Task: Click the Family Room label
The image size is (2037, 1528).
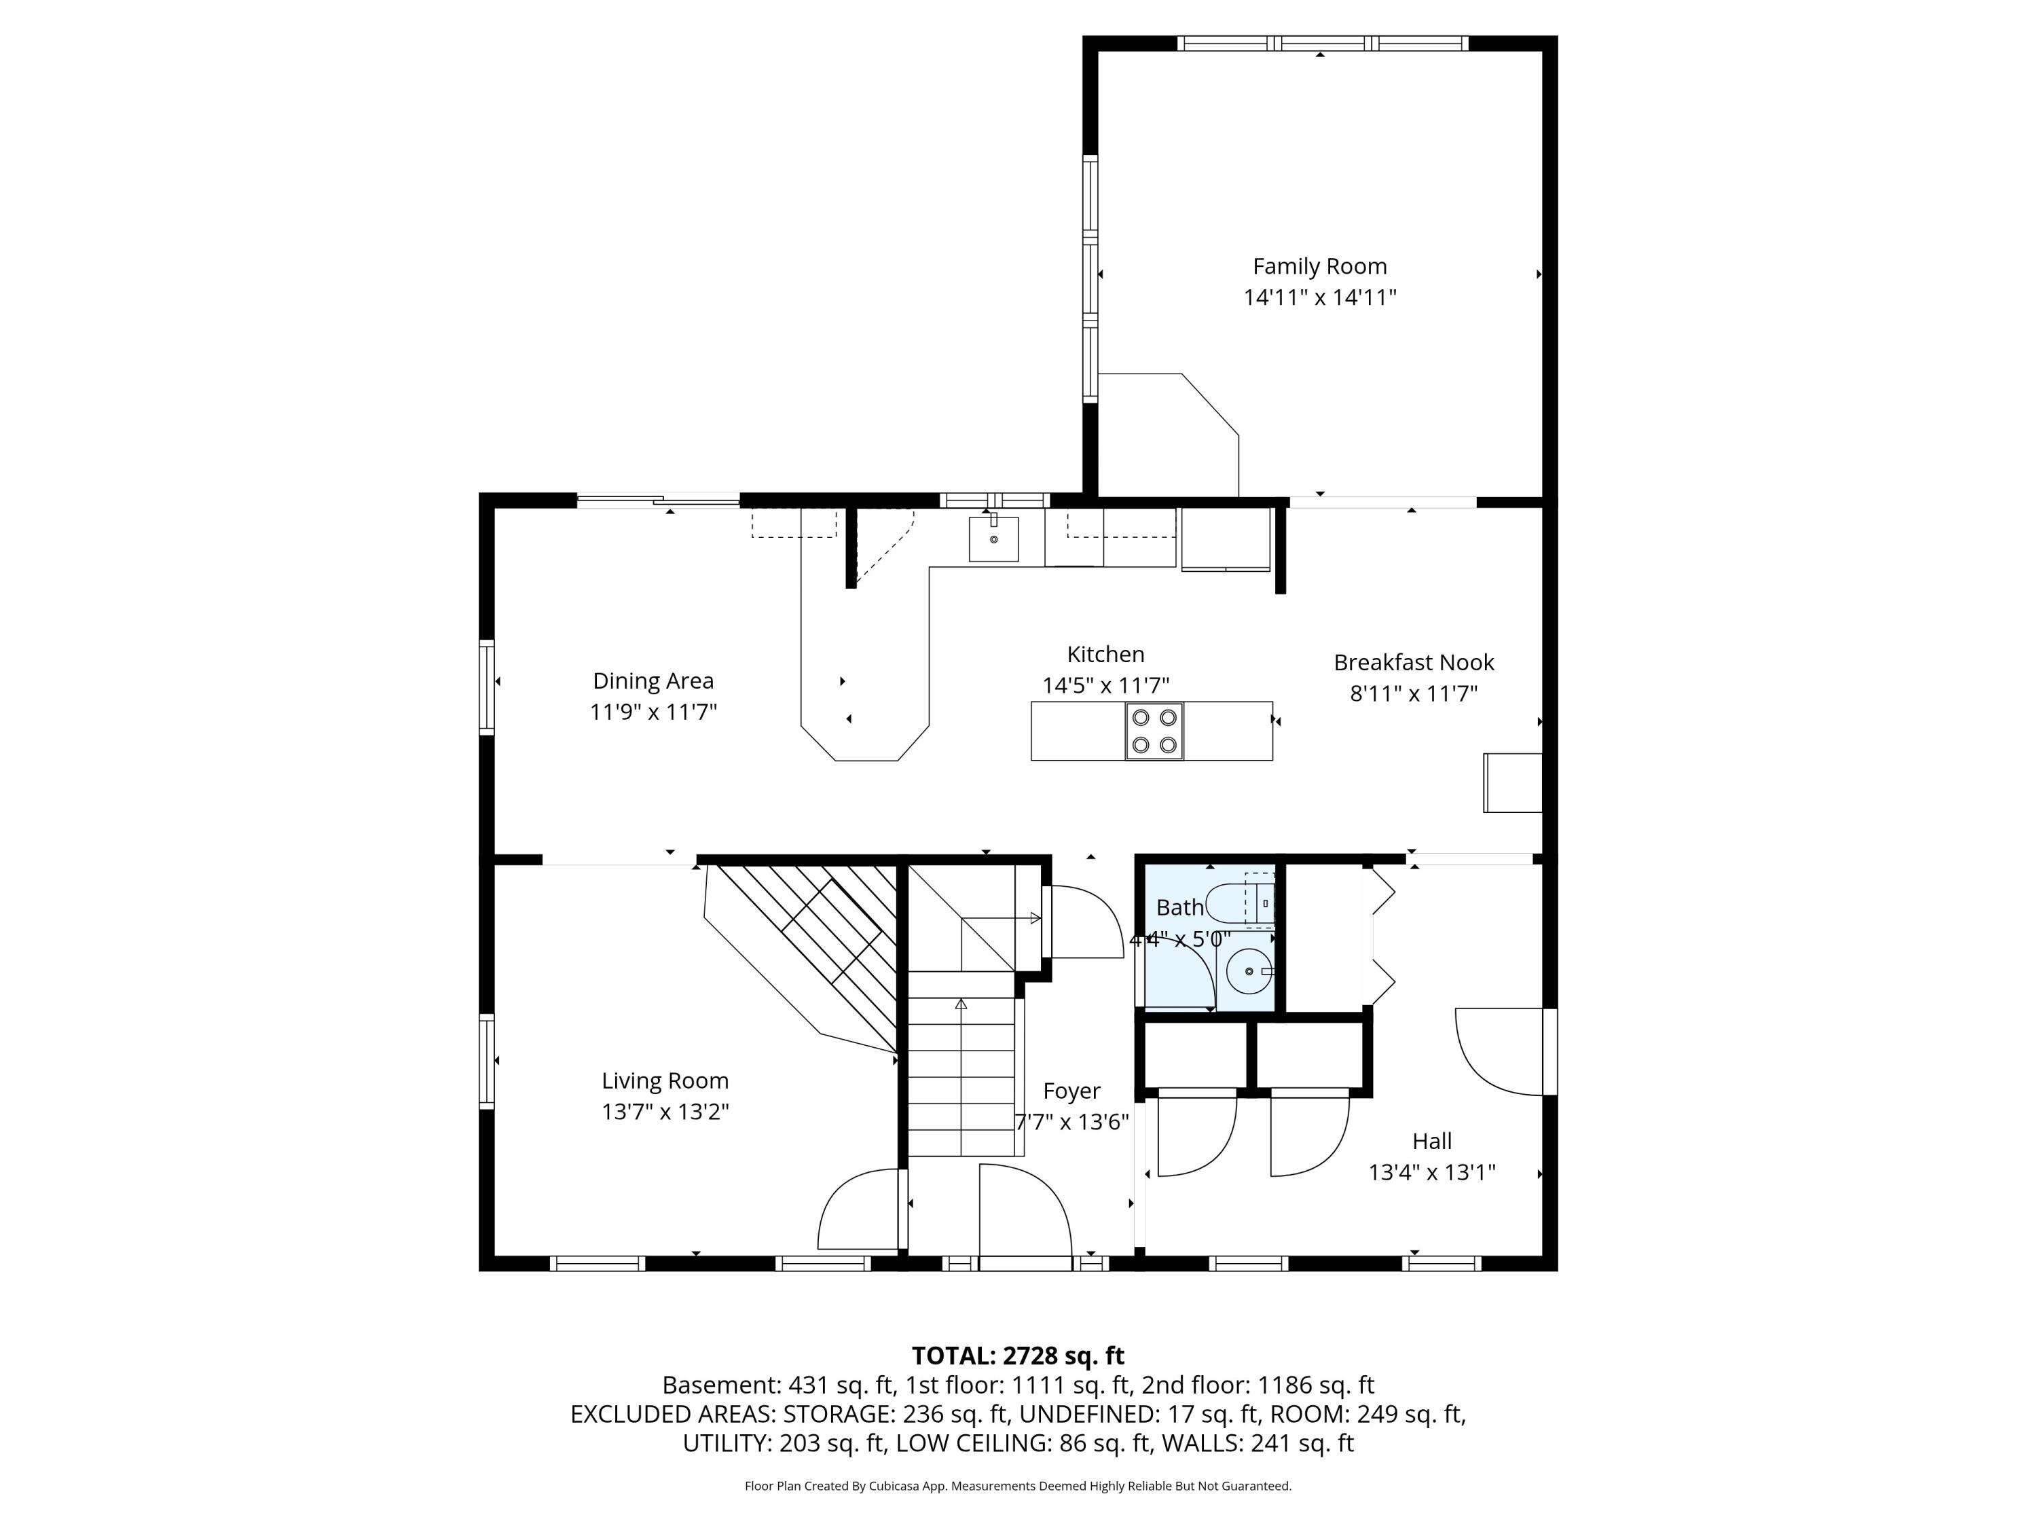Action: (x=1319, y=266)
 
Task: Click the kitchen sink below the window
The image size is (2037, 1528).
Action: (x=993, y=539)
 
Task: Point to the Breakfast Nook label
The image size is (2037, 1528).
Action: (x=1414, y=662)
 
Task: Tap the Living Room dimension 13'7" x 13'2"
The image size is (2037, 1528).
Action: (x=665, y=1112)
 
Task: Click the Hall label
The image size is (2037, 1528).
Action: (x=1432, y=1141)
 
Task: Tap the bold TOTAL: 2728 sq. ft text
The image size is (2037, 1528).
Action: (x=1018, y=1356)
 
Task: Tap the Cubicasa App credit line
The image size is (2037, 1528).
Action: (x=1018, y=1486)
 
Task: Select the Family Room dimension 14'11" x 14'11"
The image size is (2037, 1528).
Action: (x=1319, y=297)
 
